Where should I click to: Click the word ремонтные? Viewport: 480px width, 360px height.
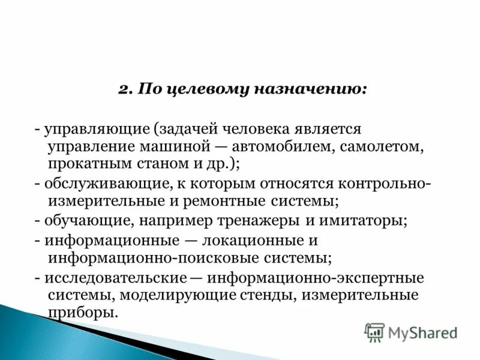[x=219, y=199]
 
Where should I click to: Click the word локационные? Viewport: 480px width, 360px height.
[x=257, y=241]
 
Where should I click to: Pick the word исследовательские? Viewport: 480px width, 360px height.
[x=113, y=278]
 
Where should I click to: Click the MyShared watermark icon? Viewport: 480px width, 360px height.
[x=374, y=332]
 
